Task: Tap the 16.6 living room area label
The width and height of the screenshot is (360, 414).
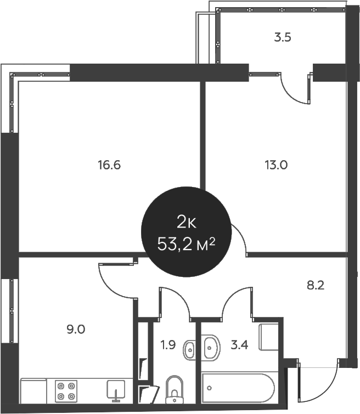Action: coord(109,165)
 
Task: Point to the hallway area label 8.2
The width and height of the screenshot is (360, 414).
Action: coord(314,285)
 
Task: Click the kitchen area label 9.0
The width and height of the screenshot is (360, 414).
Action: coord(76,330)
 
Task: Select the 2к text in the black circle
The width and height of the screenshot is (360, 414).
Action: coord(185,222)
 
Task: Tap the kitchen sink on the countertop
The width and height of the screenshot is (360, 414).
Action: coord(116,390)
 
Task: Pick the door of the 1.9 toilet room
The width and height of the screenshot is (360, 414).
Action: coord(175,303)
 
